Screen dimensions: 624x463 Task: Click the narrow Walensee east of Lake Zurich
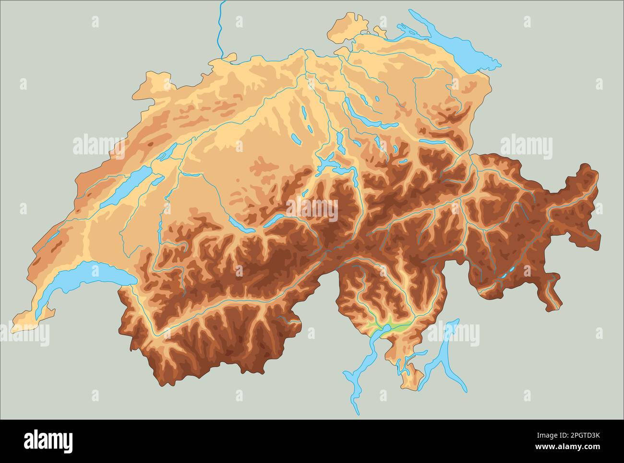pos(432,142)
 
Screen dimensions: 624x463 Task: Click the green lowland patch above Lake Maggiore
pos(391,326)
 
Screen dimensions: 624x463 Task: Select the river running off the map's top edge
pos(220,29)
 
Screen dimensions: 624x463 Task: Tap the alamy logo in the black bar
pos(48,440)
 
